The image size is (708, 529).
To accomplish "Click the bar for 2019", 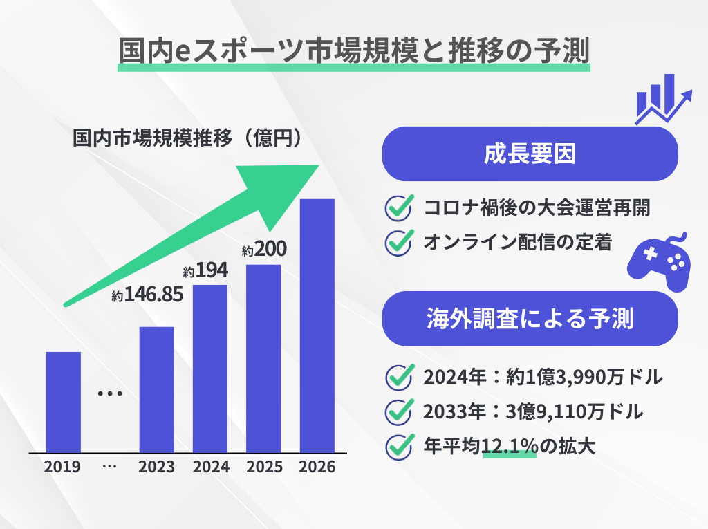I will (x=63, y=402).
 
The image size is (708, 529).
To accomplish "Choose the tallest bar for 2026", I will (x=317, y=326).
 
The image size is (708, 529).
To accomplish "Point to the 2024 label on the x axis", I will (x=211, y=467).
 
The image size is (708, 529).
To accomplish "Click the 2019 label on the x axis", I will (x=62, y=467).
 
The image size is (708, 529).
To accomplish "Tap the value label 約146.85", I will (x=147, y=296).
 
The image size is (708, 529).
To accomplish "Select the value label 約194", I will (x=205, y=270).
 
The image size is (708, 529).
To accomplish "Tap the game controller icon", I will (x=658, y=260).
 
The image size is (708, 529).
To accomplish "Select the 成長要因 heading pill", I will (x=529, y=154).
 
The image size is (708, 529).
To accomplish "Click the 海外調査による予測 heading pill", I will (x=529, y=319).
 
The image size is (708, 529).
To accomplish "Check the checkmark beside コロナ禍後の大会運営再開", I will (x=398, y=207).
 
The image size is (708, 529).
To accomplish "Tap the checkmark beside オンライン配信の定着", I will (x=398, y=242).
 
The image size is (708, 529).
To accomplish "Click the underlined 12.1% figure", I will (x=510, y=447).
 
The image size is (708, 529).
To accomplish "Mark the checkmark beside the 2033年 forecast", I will (x=398, y=412).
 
